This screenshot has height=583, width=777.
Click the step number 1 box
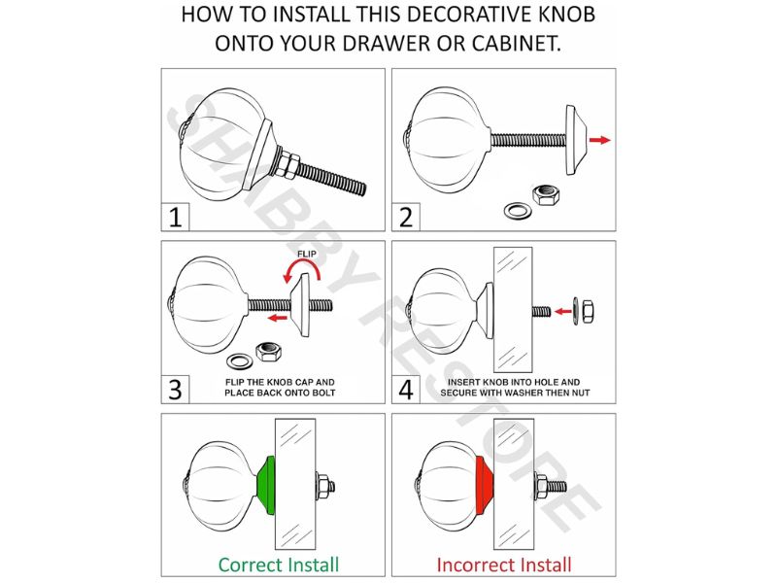click(x=175, y=217)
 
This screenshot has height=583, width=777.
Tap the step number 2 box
click(x=406, y=217)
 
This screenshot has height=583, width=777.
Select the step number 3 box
click(x=175, y=390)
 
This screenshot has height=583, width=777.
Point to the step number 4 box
click(x=406, y=390)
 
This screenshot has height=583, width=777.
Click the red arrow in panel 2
click(x=599, y=140)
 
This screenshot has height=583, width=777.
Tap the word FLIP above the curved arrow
click(x=307, y=255)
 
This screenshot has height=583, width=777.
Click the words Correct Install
click(x=279, y=565)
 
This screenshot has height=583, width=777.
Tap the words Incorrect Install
click(x=504, y=565)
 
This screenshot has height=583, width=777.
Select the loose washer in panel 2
click(x=519, y=210)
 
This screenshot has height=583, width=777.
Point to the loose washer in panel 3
click(x=239, y=360)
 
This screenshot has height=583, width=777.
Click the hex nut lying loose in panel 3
click(x=269, y=352)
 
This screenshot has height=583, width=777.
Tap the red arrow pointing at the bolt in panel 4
click(x=563, y=311)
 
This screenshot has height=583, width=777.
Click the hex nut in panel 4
click(x=588, y=311)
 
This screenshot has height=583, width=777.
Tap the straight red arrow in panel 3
click(x=278, y=318)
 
